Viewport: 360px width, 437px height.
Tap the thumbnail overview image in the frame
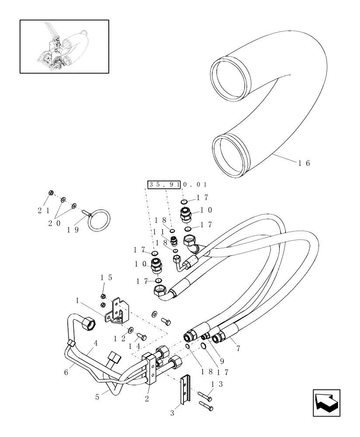point(64,46)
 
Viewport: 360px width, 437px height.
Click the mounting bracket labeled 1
point(117,311)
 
